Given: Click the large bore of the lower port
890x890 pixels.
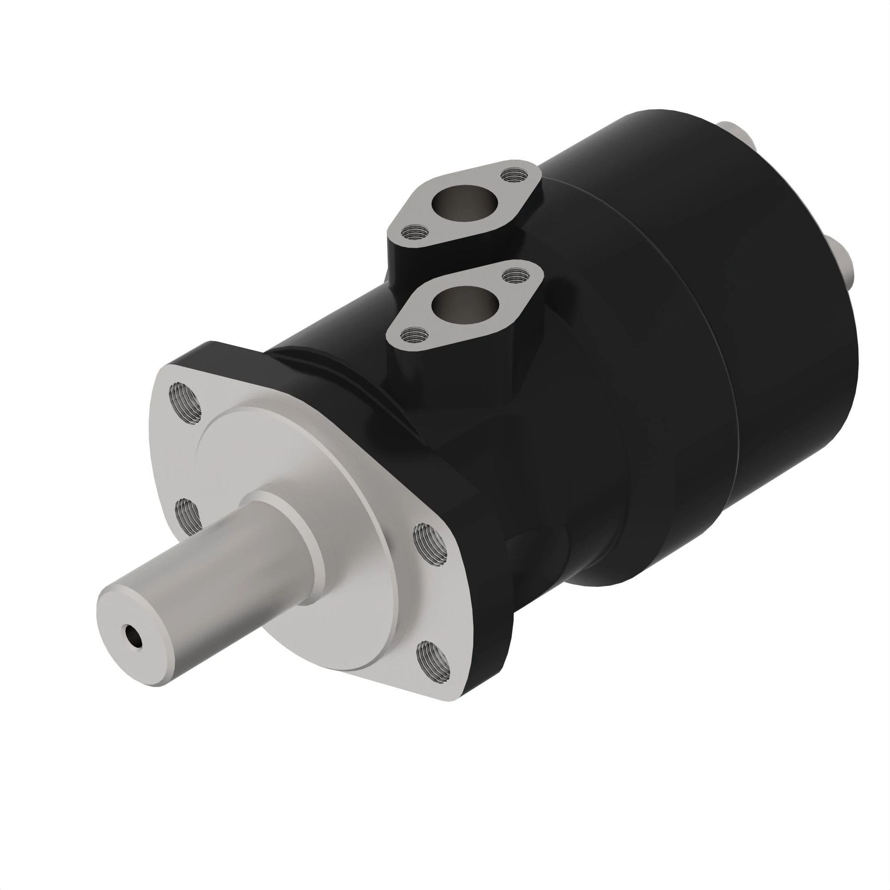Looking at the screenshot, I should (x=465, y=304).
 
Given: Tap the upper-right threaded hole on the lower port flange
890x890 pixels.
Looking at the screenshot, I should (x=512, y=275).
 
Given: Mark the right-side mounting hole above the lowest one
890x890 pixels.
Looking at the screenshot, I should (x=431, y=544).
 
